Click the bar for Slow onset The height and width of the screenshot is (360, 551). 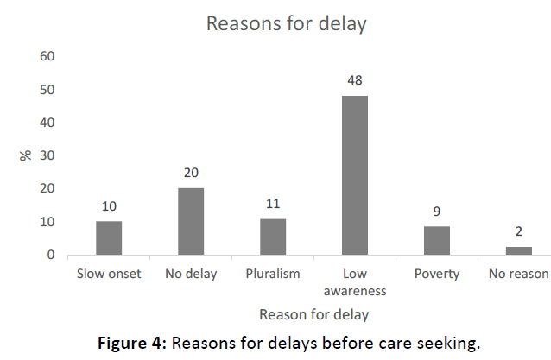coord(109,238)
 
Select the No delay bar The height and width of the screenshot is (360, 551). coord(191,222)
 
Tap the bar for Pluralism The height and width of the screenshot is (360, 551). coord(273,237)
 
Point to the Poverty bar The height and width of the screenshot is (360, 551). coord(437,240)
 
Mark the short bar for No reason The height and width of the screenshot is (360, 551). coord(518,251)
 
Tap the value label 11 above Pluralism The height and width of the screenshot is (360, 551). coord(273,205)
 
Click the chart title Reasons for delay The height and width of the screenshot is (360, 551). coord(286,23)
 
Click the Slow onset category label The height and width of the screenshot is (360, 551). coord(109,275)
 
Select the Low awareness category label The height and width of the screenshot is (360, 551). coord(354,282)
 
